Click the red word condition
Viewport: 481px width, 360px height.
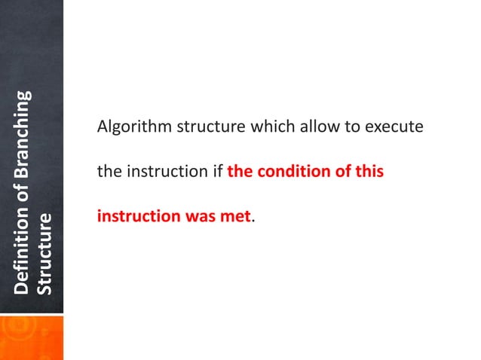[x=290, y=172]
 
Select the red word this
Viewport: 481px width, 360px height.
[x=370, y=172]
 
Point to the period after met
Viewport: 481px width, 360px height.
[x=252, y=220]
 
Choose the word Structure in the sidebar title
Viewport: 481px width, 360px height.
[x=46, y=255]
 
